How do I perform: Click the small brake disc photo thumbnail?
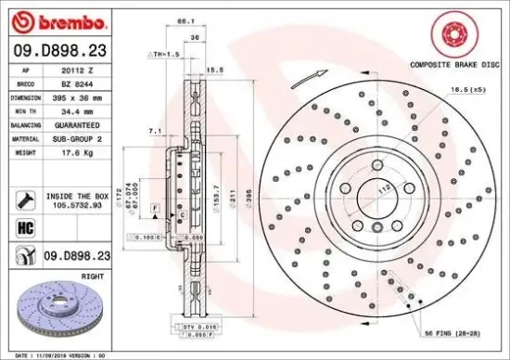63,313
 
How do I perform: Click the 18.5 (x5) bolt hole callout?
466,90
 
